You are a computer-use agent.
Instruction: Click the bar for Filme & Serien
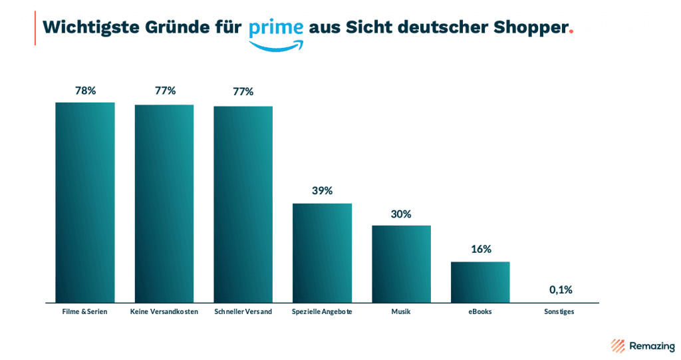click(85, 202)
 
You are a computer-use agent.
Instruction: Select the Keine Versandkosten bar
click(164, 204)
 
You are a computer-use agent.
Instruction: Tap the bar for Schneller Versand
click(243, 204)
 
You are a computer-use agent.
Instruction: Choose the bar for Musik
click(401, 264)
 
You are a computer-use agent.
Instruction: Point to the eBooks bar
click(480, 282)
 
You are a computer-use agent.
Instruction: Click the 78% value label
click(85, 90)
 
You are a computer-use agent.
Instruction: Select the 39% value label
click(322, 191)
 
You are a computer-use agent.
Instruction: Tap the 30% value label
click(401, 214)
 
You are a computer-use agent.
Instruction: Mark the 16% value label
click(480, 250)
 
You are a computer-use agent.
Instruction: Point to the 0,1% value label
click(560, 289)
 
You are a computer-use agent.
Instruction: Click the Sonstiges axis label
click(559, 311)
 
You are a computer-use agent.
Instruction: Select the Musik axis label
click(401, 311)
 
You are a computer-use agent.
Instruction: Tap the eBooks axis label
click(480, 311)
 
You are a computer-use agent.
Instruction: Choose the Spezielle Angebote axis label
click(322, 311)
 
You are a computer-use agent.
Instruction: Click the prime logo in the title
click(277, 32)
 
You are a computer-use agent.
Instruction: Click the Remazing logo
click(642, 345)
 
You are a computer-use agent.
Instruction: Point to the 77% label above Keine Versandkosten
click(164, 90)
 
